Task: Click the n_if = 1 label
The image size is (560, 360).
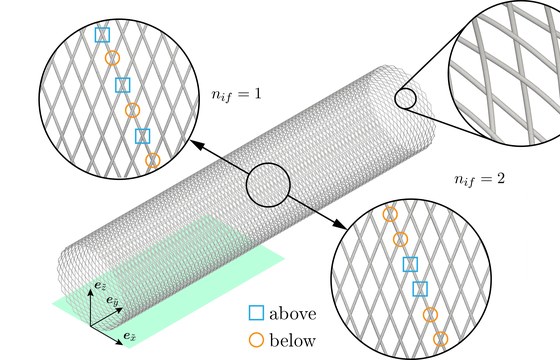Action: tap(236, 95)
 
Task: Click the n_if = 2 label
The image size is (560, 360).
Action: tap(479, 179)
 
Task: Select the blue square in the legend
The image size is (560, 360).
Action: tap(256, 312)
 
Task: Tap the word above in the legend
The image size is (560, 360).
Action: tap(293, 314)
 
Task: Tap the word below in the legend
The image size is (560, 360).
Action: tap(292, 340)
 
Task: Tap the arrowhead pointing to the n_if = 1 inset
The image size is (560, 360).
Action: tap(197, 144)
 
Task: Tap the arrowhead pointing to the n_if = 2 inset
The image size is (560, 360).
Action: tap(340, 224)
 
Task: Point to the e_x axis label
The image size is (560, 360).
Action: tap(129, 336)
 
